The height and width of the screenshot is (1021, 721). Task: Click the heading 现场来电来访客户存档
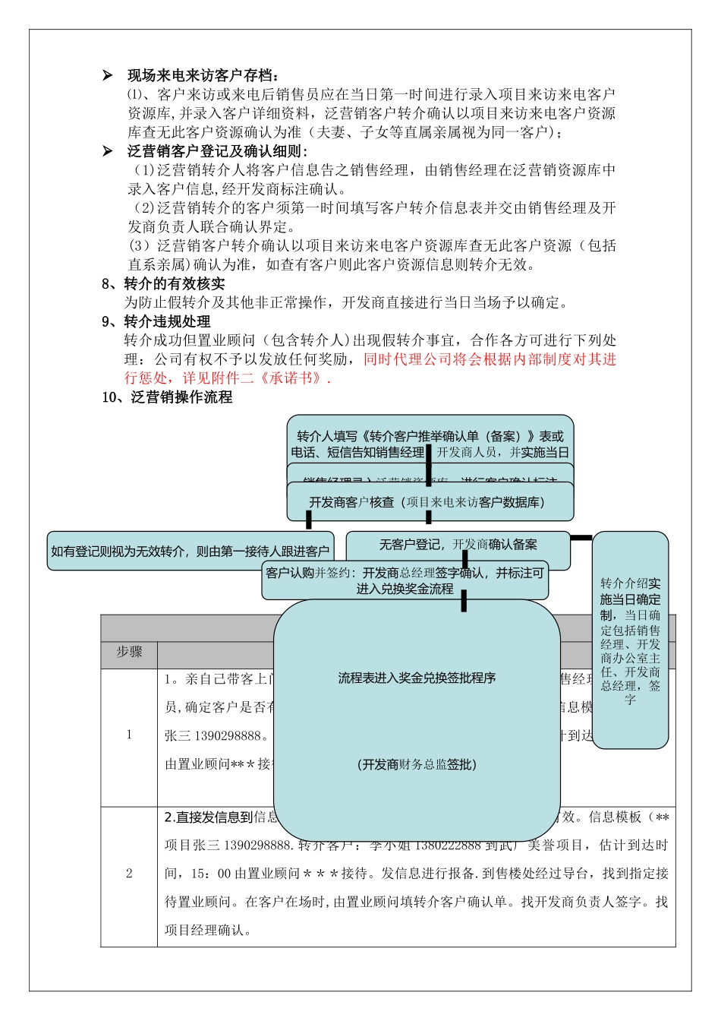tap(203, 75)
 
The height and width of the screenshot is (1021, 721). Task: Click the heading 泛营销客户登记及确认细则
tap(217, 151)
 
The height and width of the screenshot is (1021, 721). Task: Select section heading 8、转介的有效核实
tap(163, 283)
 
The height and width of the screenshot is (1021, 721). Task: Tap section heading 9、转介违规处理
tap(156, 321)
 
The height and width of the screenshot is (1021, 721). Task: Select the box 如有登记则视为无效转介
tap(190, 552)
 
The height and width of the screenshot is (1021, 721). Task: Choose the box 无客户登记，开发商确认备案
tap(458, 545)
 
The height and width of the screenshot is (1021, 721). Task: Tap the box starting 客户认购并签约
tap(405, 580)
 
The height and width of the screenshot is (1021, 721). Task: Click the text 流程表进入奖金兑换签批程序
tap(417, 678)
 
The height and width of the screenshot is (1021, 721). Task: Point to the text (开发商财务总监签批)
tap(417, 764)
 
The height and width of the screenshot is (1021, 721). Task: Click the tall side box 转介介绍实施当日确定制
tap(630, 640)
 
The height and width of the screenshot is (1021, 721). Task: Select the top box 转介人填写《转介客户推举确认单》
tap(430, 443)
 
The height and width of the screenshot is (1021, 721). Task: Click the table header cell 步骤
tap(129, 652)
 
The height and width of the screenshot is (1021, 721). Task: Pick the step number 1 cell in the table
tap(129, 735)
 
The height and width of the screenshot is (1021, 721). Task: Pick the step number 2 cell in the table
tap(129, 874)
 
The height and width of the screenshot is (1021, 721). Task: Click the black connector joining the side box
tap(581, 538)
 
